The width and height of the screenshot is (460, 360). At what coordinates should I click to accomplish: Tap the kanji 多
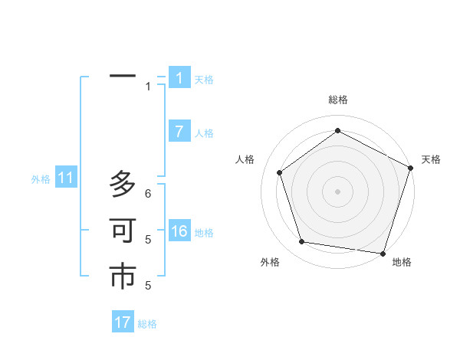tap(123, 185)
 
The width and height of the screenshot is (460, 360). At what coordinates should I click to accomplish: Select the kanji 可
tap(123, 231)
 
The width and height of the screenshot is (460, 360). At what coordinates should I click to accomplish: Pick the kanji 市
tap(123, 277)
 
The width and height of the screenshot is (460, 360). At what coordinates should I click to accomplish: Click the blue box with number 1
tap(179, 78)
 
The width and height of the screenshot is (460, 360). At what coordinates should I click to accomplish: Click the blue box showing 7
tap(179, 132)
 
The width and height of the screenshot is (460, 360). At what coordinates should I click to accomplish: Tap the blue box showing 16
tap(179, 231)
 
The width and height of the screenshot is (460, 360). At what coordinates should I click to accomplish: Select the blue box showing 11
tap(66, 178)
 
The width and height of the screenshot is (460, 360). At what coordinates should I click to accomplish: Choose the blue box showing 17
tap(123, 322)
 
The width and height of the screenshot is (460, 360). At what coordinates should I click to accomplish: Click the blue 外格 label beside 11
tap(41, 179)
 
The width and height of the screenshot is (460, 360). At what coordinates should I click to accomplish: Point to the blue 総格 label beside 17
tap(147, 324)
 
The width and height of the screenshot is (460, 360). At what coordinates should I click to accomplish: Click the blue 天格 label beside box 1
tap(204, 80)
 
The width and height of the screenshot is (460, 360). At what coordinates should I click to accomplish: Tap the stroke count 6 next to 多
tap(148, 194)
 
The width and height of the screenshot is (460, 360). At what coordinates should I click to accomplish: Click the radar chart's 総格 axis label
tap(337, 100)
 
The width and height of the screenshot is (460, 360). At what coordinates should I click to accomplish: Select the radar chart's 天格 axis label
tap(432, 159)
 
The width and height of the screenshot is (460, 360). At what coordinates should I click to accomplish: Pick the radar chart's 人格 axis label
tap(245, 159)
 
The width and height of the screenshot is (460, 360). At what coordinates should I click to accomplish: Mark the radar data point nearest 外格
tap(302, 242)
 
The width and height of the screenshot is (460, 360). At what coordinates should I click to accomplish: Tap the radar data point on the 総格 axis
tap(337, 131)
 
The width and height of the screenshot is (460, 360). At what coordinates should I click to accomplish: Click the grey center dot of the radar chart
tap(337, 190)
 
